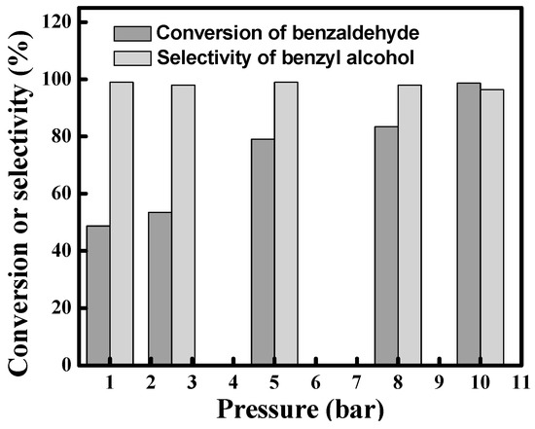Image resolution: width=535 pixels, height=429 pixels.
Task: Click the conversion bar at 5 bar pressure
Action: point(263,252)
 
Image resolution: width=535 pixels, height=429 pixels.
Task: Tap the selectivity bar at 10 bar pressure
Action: point(492,228)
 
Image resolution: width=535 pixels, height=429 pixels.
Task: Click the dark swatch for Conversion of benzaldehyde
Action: point(130,32)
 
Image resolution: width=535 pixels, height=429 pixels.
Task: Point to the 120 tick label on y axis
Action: point(61,21)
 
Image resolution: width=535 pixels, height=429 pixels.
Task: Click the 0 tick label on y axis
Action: point(71,366)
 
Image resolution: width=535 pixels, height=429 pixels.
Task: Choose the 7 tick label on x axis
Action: point(357,381)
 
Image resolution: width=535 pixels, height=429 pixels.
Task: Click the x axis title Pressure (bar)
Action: point(292,407)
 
